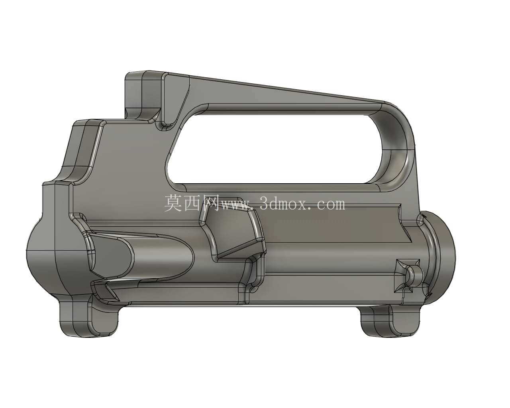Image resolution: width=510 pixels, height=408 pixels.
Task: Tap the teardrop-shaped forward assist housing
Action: point(140,257)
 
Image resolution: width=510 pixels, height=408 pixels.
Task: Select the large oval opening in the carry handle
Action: point(275,149)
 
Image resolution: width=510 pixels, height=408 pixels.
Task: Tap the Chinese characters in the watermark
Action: point(191,204)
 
